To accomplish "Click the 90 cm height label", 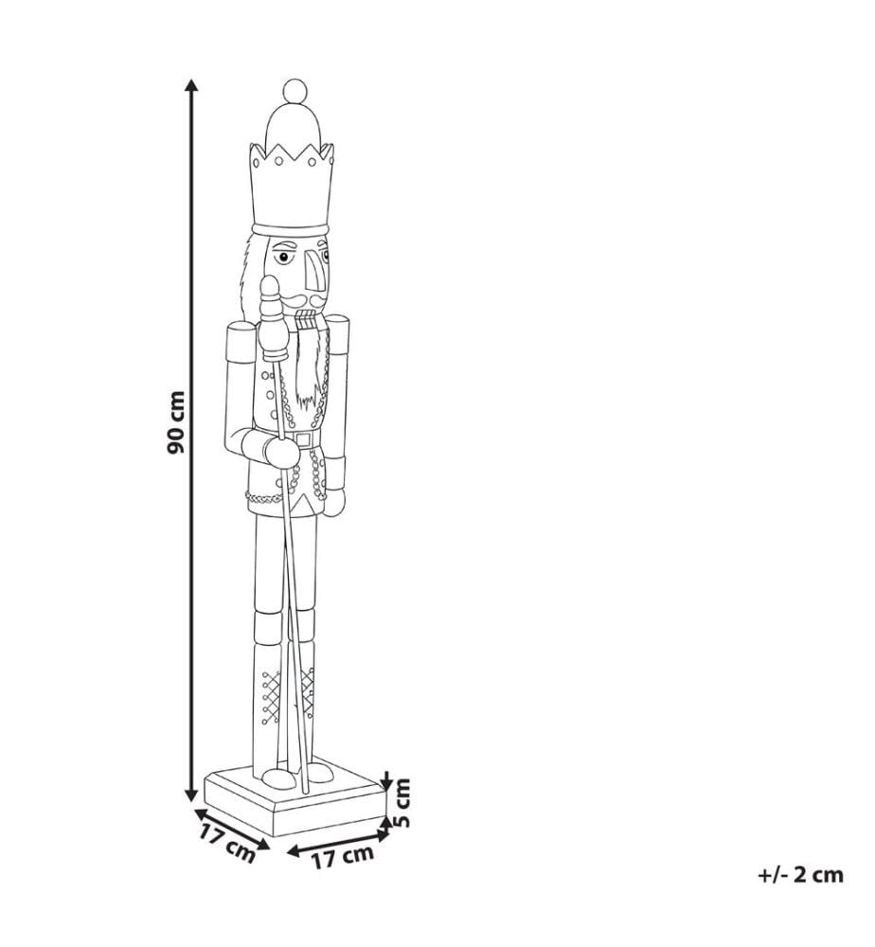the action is [176, 422].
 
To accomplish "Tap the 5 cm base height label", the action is [401, 803].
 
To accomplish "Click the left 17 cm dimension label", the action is [227, 843].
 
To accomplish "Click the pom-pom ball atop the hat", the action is [295, 90].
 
